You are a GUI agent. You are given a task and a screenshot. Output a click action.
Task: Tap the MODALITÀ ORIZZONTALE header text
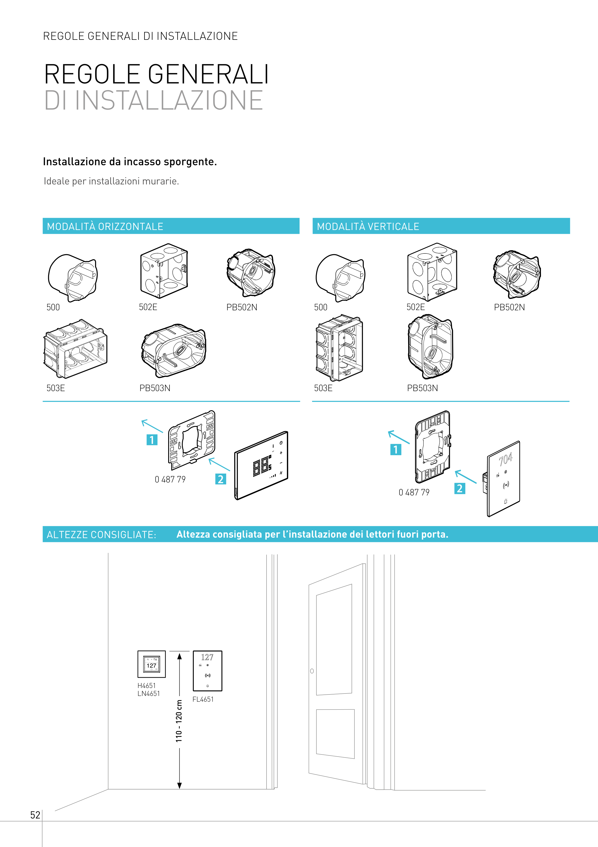pos(105,227)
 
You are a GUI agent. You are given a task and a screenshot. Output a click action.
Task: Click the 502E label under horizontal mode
pos(148,307)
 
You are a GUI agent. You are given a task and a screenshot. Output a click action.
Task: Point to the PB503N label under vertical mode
pos(422,388)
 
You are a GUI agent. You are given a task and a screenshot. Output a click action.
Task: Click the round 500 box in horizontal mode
pos(73,277)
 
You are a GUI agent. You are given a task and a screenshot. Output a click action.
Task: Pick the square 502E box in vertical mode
pos(432,272)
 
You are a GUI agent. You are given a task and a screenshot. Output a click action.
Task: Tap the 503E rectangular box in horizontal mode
pos(75,349)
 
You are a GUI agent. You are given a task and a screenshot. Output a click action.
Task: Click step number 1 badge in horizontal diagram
pos(152,440)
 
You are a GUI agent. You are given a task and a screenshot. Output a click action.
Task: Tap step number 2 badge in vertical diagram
pos(460,488)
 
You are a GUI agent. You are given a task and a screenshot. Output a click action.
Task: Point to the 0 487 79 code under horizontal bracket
pos(170,479)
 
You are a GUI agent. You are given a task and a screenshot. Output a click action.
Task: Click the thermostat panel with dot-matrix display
pos(261,465)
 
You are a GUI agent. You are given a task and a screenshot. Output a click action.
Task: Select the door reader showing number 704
pos(503,478)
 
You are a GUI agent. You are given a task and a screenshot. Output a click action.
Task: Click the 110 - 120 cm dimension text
pos(179,721)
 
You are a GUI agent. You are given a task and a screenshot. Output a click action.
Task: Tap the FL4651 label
pos(203,699)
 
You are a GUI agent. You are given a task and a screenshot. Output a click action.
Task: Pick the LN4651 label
pos(148,694)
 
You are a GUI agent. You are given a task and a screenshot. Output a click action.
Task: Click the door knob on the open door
pos(312,671)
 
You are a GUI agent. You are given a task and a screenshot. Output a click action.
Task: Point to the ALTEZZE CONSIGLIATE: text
pos(101,535)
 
